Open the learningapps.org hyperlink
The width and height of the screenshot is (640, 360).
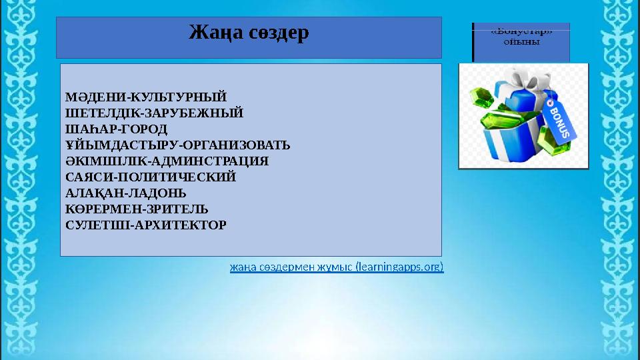click(x=336, y=267)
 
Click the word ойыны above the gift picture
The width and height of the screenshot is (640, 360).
click(x=521, y=41)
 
